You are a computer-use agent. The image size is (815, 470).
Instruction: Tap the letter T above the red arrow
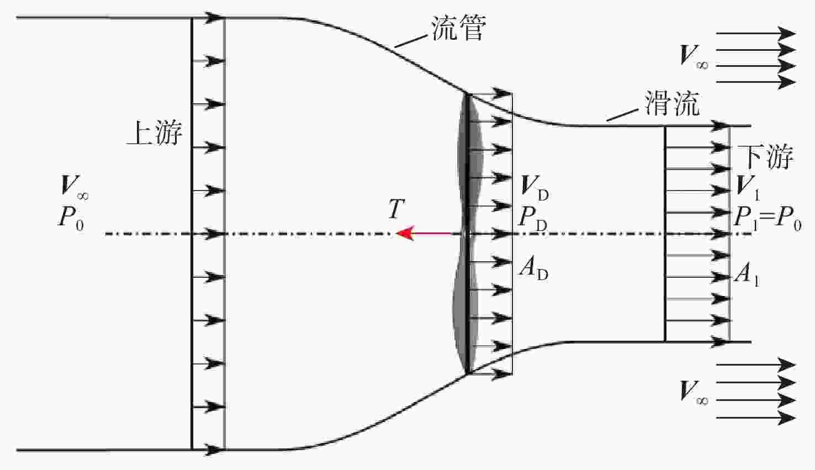point(396,209)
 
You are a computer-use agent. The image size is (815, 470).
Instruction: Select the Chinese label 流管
point(459,28)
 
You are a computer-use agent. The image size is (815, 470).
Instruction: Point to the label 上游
point(154,133)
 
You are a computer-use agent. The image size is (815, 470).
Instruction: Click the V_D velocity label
point(534,188)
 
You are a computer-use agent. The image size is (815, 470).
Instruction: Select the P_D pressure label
point(533,219)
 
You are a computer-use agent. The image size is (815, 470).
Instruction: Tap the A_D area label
point(534,270)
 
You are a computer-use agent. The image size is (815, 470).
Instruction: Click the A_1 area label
point(747,275)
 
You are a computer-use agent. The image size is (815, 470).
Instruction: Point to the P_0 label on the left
point(71,219)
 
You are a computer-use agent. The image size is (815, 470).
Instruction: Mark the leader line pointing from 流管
point(411,41)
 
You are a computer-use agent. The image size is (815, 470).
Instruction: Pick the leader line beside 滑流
point(622,115)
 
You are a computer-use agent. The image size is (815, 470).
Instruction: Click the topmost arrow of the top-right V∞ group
point(756,34)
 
